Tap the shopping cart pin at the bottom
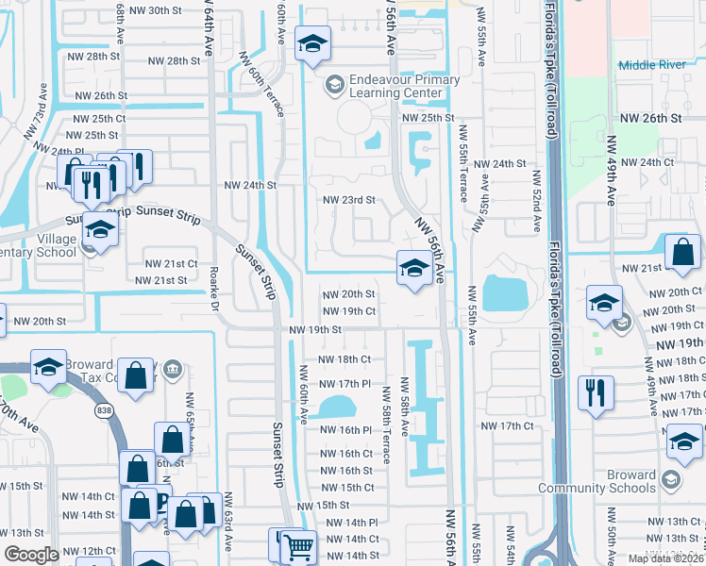point(299,546)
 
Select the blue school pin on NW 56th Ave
point(413,270)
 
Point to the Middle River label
point(650,65)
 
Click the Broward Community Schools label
point(597,481)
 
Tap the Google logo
point(32,554)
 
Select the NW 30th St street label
point(151,10)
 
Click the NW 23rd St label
point(349,200)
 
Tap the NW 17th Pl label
point(341,384)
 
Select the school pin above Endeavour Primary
point(312,44)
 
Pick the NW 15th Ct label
point(347,488)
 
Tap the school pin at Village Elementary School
point(99,231)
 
